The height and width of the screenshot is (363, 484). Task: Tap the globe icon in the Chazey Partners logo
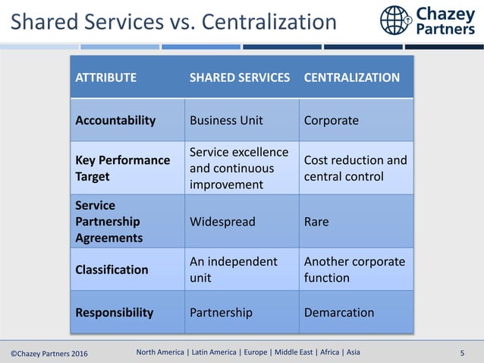coord(395,21)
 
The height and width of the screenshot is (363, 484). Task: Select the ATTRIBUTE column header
coord(106,77)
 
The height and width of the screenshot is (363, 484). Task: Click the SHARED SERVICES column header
coord(240,77)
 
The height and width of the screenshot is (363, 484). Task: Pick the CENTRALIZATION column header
coord(352,77)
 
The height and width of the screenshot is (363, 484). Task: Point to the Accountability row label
coord(115,120)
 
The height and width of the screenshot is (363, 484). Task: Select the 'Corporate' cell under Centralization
coord(332,120)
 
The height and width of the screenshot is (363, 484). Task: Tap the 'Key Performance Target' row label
coord(123,168)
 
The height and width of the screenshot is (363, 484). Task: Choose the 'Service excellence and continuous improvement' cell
coord(239,168)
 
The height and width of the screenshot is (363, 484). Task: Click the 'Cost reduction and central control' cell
coord(355,168)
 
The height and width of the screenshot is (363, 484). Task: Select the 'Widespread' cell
coord(222,222)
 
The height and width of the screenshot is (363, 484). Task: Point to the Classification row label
coord(112,270)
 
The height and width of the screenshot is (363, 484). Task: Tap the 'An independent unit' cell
coord(234,270)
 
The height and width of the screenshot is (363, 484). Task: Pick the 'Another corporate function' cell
coord(354,270)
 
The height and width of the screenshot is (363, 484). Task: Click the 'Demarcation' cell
coord(339,312)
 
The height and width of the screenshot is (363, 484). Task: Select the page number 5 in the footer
coord(463,352)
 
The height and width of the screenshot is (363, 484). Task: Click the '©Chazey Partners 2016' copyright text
coord(49,352)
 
